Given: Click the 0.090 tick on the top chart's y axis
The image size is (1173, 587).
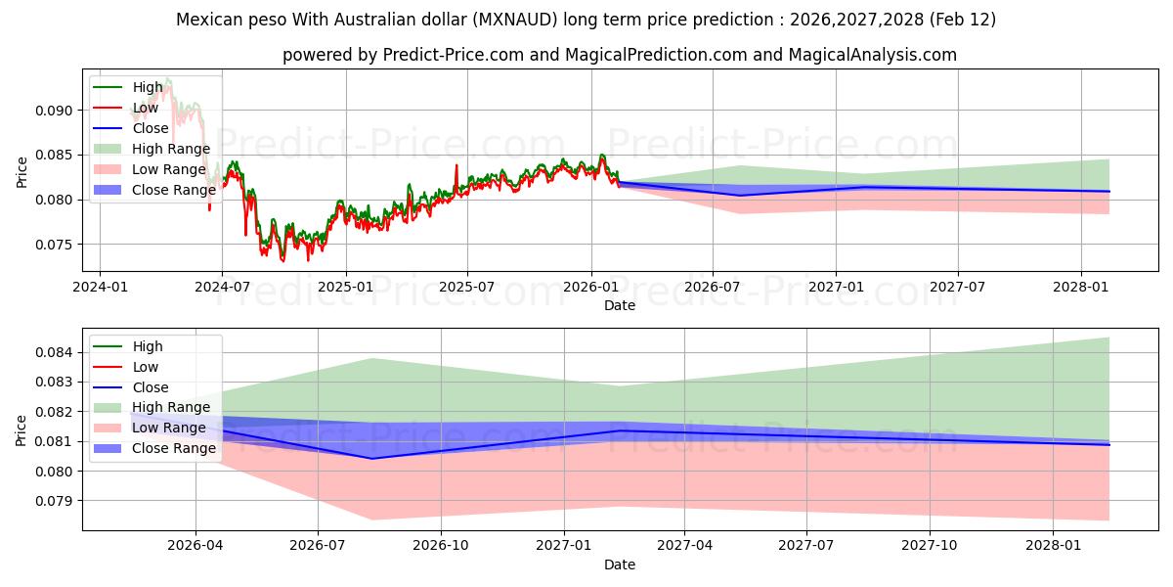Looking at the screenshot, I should [x=55, y=111].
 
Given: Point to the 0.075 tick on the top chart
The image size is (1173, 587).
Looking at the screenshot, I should [x=55, y=245].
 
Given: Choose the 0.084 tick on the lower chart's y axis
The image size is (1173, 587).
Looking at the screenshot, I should [x=55, y=352].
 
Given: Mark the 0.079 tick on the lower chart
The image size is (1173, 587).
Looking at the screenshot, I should [x=55, y=501].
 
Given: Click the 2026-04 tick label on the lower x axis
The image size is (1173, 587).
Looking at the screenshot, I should [x=195, y=545].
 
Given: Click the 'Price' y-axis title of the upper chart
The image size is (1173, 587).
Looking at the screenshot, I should [x=22, y=171].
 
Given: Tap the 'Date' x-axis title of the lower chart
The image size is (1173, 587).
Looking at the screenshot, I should [x=620, y=564].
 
